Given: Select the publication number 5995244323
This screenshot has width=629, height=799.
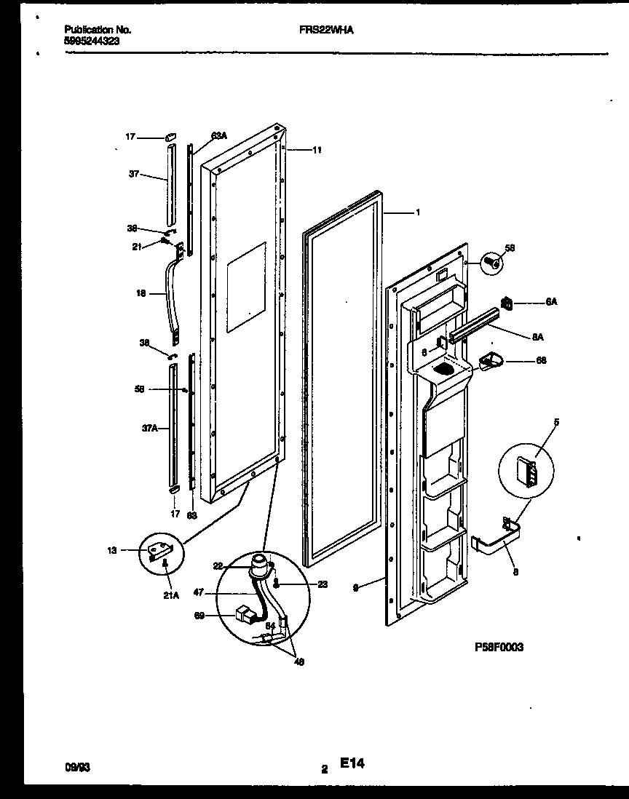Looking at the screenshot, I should [91, 41].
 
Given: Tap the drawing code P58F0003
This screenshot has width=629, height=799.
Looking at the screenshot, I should [499, 646].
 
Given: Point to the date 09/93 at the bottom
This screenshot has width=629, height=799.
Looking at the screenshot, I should [76, 767].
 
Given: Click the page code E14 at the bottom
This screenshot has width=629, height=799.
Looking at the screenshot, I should [351, 764].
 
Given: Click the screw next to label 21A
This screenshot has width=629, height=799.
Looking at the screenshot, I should [166, 563].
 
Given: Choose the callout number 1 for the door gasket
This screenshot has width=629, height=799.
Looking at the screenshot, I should [417, 212].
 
